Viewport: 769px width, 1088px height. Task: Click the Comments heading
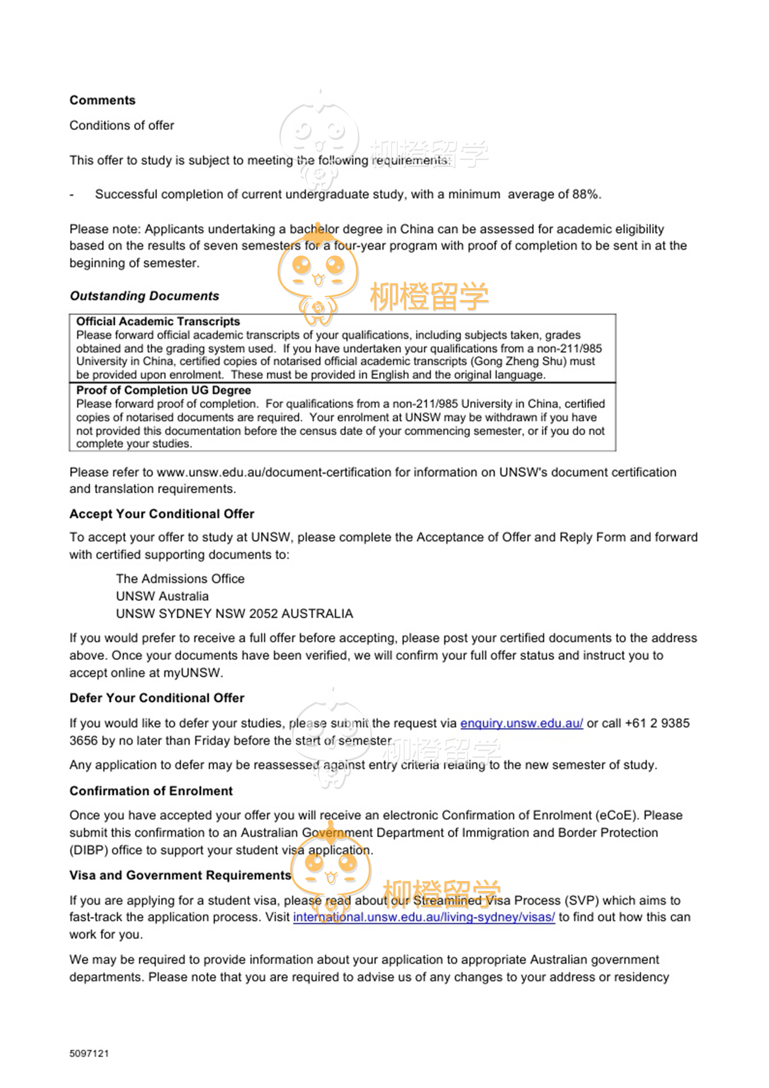pyautogui.click(x=102, y=100)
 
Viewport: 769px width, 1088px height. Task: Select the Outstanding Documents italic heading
pyautogui.click(x=144, y=296)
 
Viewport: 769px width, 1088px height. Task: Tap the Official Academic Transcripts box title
pyautogui.click(x=158, y=321)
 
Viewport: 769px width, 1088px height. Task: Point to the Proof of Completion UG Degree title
pyautogui.click(x=164, y=390)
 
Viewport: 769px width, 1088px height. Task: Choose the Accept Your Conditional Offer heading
pyautogui.click(x=161, y=514)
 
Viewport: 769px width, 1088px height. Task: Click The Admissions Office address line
pyautogui.click(x=180, y=579)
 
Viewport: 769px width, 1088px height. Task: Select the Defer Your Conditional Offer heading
pyautogui.click(x=157, y=698)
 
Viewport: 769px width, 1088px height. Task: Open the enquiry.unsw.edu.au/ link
pyautogui.click(x=521, y=723)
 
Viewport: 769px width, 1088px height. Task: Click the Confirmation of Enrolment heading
pyautogui.click(x=151, y=791)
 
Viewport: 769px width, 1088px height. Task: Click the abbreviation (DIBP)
pyautogui.click(x=88, y=850)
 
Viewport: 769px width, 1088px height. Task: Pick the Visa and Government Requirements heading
pyautogui.click(x=180, y=875)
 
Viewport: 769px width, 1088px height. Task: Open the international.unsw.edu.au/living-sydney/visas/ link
pyautogui.click(x=423, y=917)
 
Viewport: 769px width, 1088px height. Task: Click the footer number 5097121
pyautogui.click(x=89, y=1053)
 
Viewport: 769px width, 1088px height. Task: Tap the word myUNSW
pyautogui.click(x=200, y=673)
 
